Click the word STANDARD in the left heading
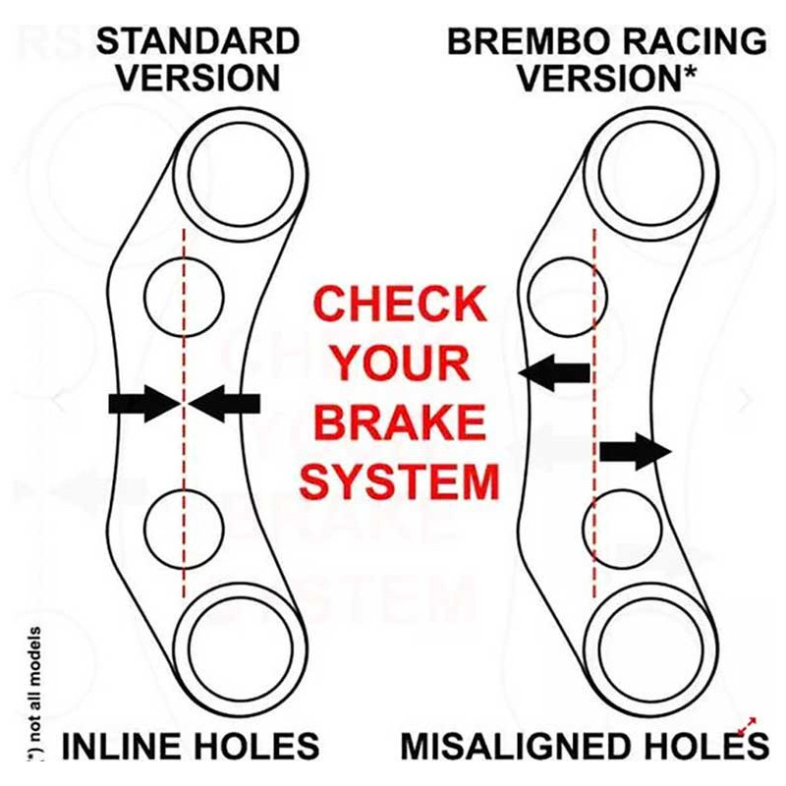click(x=198, y=41)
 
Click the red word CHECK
click(x=400, y=304)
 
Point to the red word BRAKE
click(x=401, y=422)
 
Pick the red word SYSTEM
click(x=400, y=482)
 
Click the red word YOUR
click(x=401, y=364)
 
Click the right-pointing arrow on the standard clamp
click(x=144, y=403)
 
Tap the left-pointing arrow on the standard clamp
click(x=225, y=403)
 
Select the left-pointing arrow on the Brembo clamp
click(x=554, y=373)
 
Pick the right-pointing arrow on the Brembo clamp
click(x=636, y=452)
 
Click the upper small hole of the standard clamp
click(x=184, y=298)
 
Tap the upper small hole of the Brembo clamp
click(x=568, y=298)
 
